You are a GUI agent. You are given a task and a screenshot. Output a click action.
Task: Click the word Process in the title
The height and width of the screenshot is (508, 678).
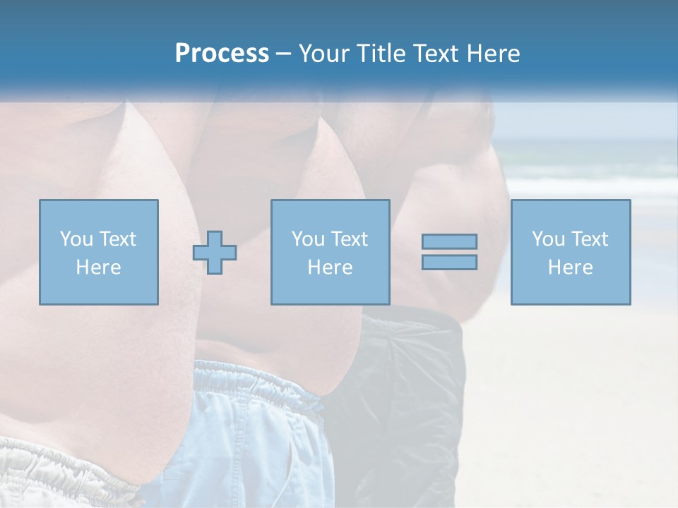222,54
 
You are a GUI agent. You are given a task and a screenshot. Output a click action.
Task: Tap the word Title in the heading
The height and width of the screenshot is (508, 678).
380,54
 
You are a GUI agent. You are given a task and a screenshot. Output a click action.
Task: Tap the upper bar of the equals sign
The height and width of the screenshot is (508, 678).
449,241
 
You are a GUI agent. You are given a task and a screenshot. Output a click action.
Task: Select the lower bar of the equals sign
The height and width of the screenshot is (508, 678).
449,262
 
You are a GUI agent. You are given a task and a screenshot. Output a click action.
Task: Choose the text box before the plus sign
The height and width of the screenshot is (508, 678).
98,252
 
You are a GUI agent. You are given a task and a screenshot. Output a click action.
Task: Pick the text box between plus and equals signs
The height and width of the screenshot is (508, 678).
330,252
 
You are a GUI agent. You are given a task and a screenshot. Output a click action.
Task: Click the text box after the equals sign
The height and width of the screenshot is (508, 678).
570,252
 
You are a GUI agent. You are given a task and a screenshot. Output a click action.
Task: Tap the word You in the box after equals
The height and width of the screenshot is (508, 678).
548,239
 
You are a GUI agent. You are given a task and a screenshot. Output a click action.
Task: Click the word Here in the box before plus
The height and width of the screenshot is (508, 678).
98,267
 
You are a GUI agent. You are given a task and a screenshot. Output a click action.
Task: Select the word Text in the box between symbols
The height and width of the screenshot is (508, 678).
349,239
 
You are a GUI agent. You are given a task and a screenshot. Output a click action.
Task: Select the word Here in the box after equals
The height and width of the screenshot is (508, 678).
570,267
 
